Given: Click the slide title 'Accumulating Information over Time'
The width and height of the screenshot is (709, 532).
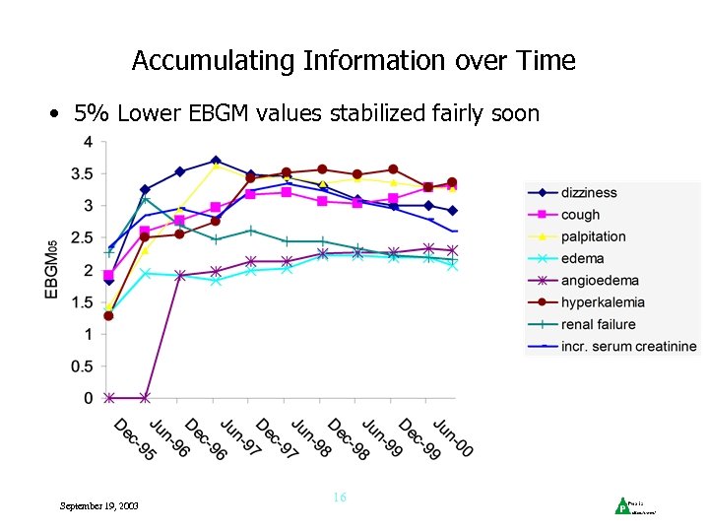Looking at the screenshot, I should click(354, 61).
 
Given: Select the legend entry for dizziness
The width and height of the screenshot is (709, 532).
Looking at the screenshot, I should click(589, 192).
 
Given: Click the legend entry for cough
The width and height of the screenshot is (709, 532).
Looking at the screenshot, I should click(580, 215).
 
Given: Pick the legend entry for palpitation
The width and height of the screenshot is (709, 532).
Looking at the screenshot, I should click(593, 236).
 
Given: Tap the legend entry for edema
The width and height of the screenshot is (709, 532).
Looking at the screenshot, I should click(582, 258).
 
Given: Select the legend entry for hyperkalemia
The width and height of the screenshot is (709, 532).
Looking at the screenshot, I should click(603, 302).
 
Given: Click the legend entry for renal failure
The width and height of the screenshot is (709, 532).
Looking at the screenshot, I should click(598, 324).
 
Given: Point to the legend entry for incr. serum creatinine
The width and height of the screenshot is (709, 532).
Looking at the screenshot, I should click(628, 346).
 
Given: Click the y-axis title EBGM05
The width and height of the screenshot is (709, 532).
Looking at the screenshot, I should click(62, 271).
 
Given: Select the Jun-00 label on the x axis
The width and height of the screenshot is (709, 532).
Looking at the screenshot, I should click(452, 439).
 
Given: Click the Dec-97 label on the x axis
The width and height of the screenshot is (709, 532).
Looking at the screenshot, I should click(276, 439).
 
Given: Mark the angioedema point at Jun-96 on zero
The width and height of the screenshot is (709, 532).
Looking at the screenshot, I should click(145, 398).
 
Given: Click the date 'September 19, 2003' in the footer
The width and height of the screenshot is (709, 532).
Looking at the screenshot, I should click(99, 505).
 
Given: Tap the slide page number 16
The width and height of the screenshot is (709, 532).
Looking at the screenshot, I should click(339, 498).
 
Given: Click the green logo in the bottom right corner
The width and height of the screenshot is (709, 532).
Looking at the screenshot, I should click(621, 506).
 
